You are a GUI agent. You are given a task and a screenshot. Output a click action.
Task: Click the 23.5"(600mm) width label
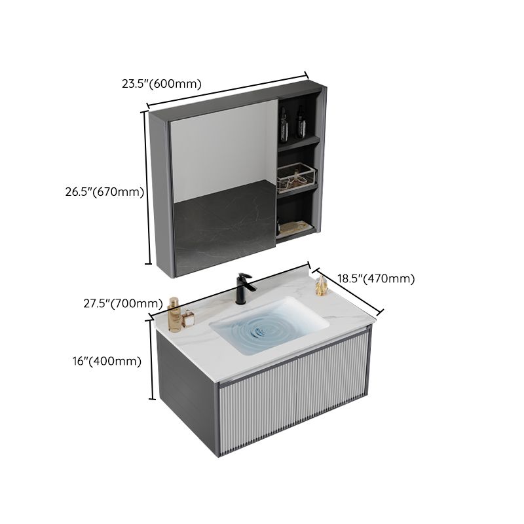pyautogui.click(x=161, y=84)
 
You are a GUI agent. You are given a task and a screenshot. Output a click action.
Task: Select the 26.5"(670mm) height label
pyautogui.click(x=104, y=192)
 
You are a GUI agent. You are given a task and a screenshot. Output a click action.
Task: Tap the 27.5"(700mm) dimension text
pyautogui.click(x=123, y=303)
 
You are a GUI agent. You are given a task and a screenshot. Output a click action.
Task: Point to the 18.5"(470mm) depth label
pyautogui.click(x=376, y=278)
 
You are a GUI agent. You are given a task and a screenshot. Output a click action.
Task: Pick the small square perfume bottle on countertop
pyautogui.click(x=189, y=319)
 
